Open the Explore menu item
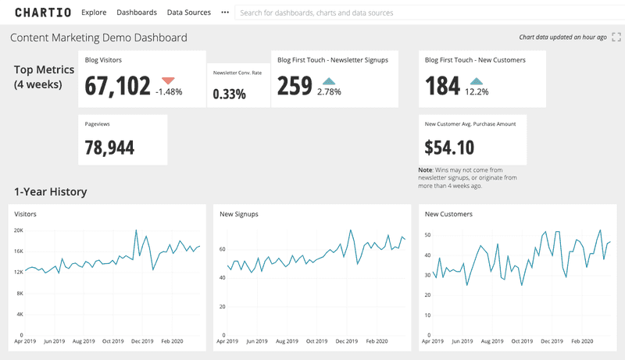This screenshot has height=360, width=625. click(x=94, y=12)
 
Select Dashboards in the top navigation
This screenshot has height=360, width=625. click(x=137, y=12)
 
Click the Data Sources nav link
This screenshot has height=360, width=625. click(x=189, y=12)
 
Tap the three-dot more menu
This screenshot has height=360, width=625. click(x=225, y=12)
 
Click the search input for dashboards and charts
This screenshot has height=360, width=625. click(x=422, y=13)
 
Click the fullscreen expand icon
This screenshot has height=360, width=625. click(x=616, y=37)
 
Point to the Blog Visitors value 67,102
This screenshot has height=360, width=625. click(x=117, y=85)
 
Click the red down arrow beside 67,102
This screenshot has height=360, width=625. click(x=168, y=80)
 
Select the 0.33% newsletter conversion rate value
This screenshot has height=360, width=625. click(x=229, y=94)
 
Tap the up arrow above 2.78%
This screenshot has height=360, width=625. click(x=329, y=80)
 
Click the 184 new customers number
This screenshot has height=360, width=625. click(x=443, y=85)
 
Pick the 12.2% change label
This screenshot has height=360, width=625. click(x=477, y=92)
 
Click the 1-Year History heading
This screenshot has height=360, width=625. click(x=50, y=192)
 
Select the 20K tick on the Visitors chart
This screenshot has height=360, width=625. click(x=18, y=230)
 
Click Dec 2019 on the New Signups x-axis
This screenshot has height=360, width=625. click(x=345, y=341)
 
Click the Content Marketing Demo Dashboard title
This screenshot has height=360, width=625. click(x=98, y=37)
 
